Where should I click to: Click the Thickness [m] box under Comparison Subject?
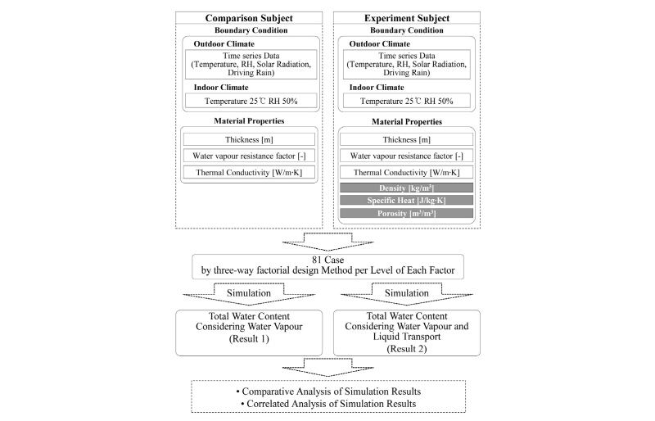[248, 139]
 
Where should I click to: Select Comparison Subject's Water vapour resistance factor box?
[248, 156]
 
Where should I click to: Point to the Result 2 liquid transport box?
[406, 332]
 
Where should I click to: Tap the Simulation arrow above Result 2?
[406, 292]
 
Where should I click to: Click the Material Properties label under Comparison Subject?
[248, 121]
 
